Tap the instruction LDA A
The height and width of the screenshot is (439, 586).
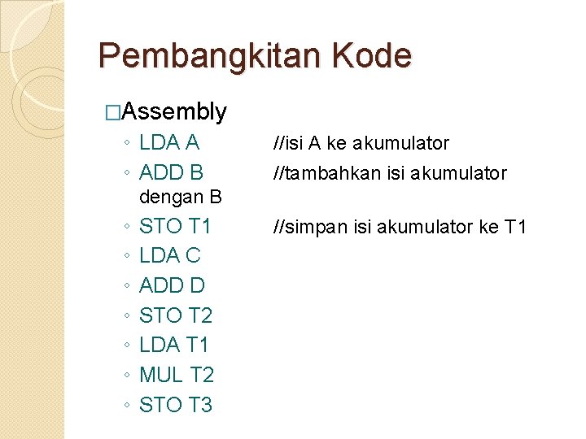[169, 143]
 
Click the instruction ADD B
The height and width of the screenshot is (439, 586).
[171, 172]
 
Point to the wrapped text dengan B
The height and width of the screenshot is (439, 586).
[181, 197]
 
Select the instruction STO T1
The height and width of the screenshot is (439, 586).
[175, 225]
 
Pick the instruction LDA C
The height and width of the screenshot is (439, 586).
[169, 255]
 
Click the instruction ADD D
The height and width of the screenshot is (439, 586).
[172, 285]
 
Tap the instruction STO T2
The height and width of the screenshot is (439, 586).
[176, 315]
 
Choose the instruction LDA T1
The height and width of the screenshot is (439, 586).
[174, 345]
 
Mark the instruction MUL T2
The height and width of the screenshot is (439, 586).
[177, 375]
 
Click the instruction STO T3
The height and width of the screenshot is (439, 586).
[176, 404]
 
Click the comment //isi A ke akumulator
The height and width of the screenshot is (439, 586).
[361, 144]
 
